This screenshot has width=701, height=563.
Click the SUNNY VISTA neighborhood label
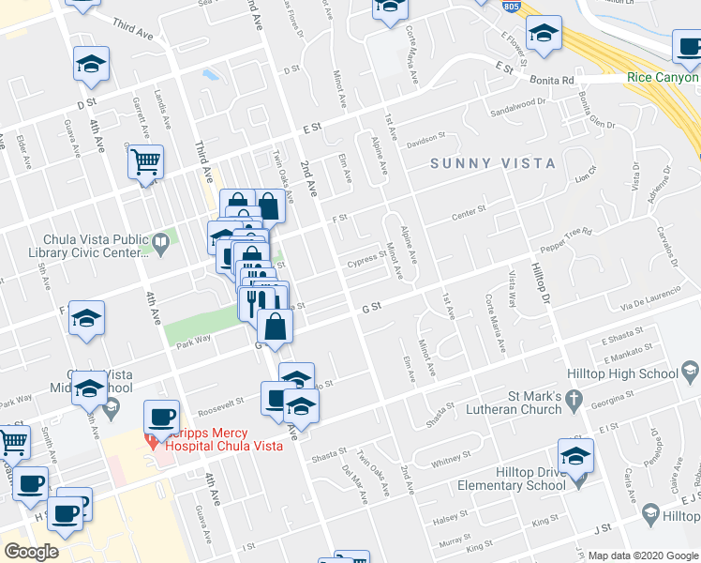tap(493, 163)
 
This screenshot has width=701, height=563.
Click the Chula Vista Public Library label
tap(94, 246)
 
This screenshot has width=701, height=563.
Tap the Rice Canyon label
tap(663, 78)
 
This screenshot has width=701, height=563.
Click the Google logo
tap(31, 552)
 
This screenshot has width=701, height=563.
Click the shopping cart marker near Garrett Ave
tap(145, 163)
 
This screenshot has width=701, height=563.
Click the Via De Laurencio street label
tap(656, 292)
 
